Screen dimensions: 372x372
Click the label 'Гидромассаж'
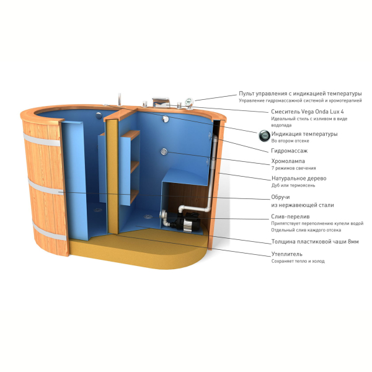pyautogui.click(x=289, y=151)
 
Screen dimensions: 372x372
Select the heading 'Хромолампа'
pyautogui.click(x=288, y=161)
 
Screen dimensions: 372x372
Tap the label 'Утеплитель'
pyautogui.click(x=287, y=254)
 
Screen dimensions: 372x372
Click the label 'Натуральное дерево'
pyautogui.click(x=299, y=179)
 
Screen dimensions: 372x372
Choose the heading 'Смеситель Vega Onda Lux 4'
pyautogui.click(x=308, y=112)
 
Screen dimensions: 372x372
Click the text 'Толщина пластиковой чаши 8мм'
pyautogui.click(x=315, y=242)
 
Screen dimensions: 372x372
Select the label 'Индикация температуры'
pyautogui.click(x=304, y=134)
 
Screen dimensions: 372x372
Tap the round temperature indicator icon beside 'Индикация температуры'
pyautogui.click(x=264, y=136)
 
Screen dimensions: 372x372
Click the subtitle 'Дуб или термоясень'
pyautogui.click(x=293, y=185)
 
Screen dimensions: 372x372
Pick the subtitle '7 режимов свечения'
pyautogui.click(x=293, y=168)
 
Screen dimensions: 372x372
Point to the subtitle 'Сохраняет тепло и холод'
pyautogui.click(x=298, y=261)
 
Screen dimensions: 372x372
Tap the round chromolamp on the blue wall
pyautogui.click(x=164, y=151)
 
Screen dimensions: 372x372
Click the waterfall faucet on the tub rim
pyautogui.click(x=161, y=102)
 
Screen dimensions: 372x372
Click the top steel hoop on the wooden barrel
pyautogui.click(x=42, y=140)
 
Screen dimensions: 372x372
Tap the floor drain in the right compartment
pyautogui.click(x=148, y=216)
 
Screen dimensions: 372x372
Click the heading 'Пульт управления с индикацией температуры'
pyautogui.click(x=300, y=94)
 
